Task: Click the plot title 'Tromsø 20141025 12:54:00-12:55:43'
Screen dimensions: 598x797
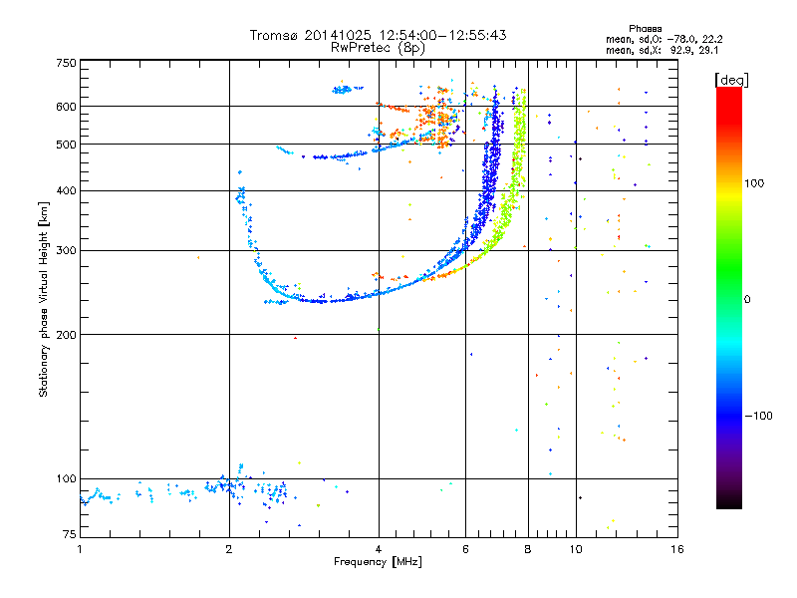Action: click(378, 35)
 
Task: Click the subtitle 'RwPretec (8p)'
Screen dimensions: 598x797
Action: click(378, 47)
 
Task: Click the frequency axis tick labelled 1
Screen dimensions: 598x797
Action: click(80, 548)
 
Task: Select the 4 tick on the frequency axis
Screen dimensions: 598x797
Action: click(379, 548)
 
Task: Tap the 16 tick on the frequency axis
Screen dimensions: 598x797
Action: click(676, 548)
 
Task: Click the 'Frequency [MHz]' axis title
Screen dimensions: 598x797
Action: click(378, 562)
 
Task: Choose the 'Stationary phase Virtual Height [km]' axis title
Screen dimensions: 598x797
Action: click(44, 300)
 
